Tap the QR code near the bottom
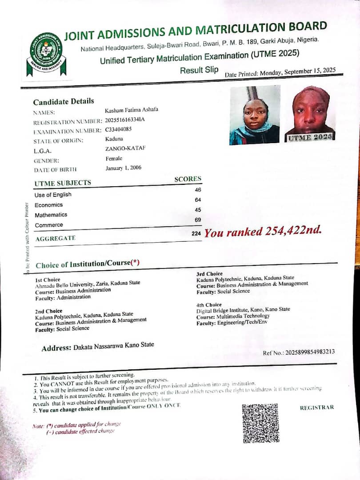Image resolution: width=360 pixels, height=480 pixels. tap(260, 423)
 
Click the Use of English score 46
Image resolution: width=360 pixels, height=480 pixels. tap(198, 190)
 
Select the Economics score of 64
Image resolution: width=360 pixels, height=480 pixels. tap(198, 200)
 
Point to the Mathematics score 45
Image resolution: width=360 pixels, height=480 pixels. tap(198, 210)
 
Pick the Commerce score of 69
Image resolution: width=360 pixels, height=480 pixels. tap(198, 220)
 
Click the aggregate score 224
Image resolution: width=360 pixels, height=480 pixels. tap(196, 233)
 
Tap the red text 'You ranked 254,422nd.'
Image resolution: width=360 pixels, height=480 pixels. tap(262, 231)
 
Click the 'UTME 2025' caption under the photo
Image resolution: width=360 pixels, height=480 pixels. tap(310, 137)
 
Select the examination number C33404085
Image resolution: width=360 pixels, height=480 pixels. tap(119, 130)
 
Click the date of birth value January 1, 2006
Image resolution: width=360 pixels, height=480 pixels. tap(123, 168)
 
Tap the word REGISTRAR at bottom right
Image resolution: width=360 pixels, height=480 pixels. tap(316, 408)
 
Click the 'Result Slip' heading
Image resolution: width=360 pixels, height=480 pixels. tap(199, 70)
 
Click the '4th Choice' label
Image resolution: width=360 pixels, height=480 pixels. tap(209, 305)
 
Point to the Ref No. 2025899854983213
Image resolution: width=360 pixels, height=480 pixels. tap(299, 352)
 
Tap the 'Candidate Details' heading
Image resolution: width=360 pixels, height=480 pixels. tap(64, 101)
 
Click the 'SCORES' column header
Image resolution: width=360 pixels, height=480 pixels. tap(188, 179)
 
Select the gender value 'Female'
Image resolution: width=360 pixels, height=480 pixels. tap(114, 159)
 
